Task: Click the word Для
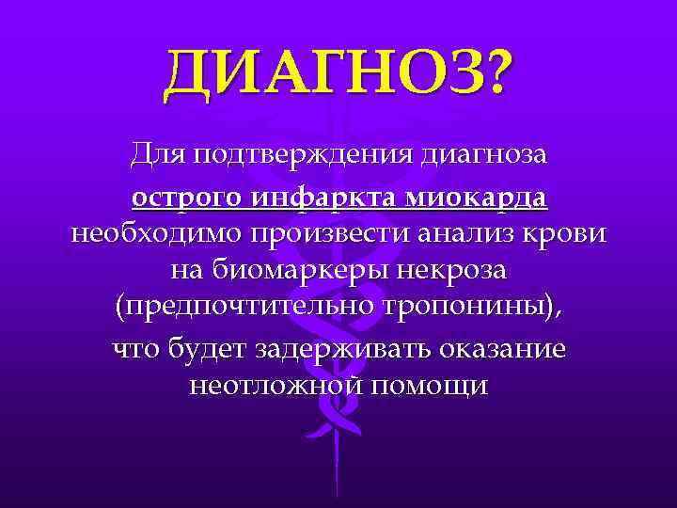pos(156,151)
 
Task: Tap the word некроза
pos(452,271)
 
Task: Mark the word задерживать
pos(341,349)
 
